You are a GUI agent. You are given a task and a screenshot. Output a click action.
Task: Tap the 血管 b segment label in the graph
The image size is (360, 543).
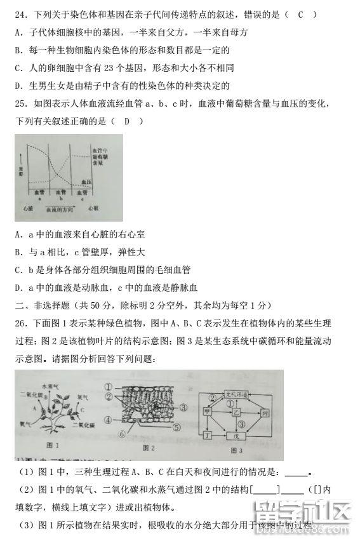pos(60,193)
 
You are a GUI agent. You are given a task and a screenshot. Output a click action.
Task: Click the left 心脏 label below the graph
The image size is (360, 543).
pos(27,208)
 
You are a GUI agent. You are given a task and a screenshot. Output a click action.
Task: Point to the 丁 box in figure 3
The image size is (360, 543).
pos(206,436)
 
